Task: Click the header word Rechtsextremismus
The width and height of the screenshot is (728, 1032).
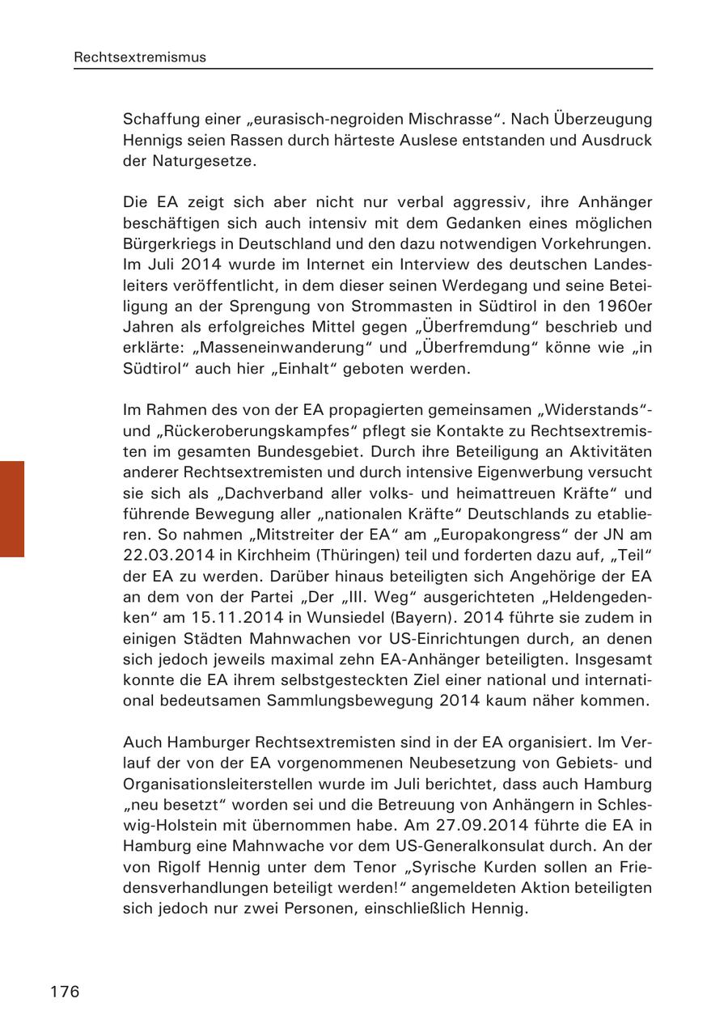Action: tap(140, 57)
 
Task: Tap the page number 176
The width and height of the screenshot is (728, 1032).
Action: tap(66, 992)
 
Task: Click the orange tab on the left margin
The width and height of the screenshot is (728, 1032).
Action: tap(12, 509)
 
